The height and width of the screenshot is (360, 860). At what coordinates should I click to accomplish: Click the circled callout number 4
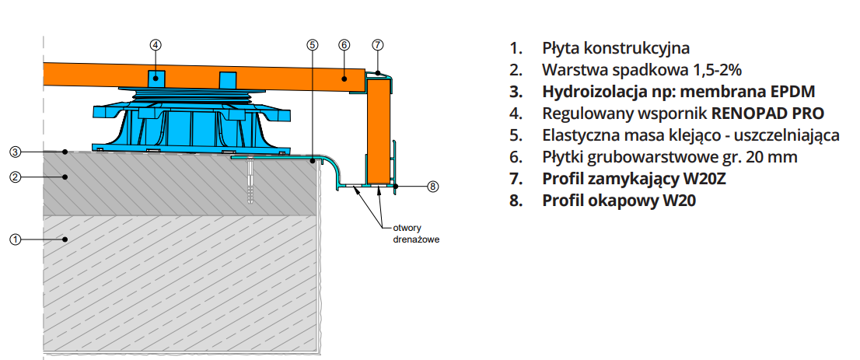click(156, 45)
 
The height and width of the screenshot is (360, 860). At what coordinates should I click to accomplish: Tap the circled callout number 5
click(313, 45)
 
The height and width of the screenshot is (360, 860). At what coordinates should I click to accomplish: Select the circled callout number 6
click(344, 45)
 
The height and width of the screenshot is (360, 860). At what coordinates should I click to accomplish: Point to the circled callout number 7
click(377, 45)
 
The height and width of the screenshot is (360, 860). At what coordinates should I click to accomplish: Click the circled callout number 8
click(433, 187)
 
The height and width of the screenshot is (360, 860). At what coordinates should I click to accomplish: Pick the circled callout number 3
click(15, 151)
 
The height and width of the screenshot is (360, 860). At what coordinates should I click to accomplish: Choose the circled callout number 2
click(15, 177)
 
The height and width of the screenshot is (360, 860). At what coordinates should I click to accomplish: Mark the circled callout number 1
click(15, 239)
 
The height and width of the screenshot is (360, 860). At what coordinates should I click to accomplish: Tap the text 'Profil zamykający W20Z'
click(635, 179)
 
